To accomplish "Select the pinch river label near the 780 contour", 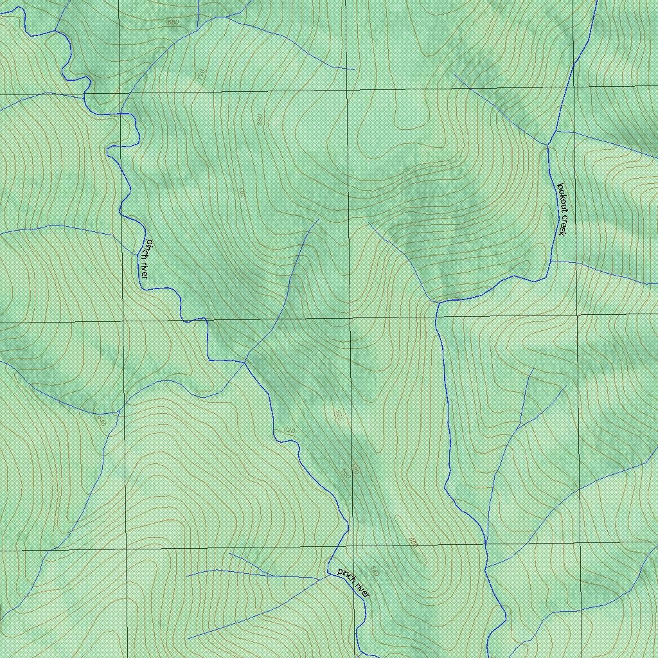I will (146, 258).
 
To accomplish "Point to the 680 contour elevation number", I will (173, 22).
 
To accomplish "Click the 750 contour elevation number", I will (201, 75).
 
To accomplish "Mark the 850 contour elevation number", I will (260, 120).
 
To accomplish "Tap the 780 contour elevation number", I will (242, 192).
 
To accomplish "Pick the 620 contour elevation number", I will (289, 430).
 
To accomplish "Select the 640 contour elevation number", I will (101, 421).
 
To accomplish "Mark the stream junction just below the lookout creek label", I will (551, 262).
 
